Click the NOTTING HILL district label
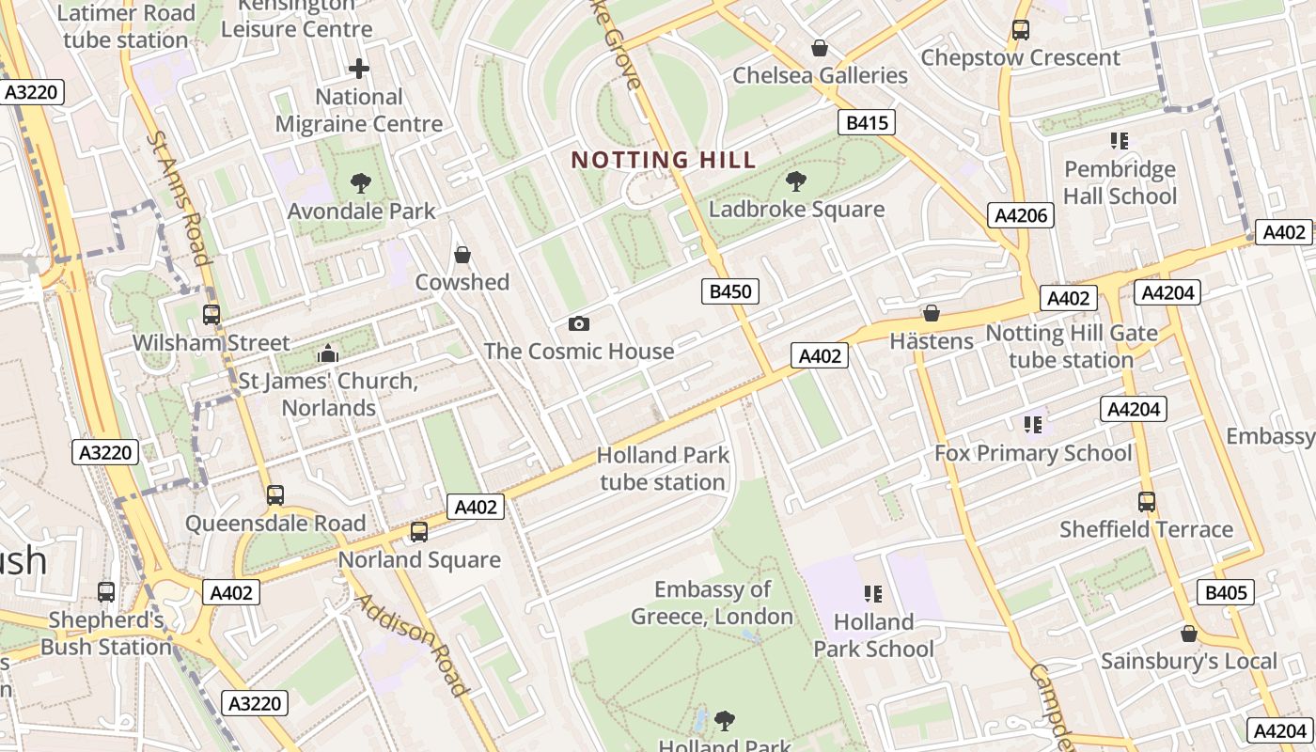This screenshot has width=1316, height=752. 664,160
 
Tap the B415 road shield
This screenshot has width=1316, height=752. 866,122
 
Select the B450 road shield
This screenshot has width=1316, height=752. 730,291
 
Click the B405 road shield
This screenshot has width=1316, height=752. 1226,592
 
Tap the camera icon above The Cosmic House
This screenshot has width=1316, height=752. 579,324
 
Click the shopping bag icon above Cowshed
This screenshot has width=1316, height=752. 462,255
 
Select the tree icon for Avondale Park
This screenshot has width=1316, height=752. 360,182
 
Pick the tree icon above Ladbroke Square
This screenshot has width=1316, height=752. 796,180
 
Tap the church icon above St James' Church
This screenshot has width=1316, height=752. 328,353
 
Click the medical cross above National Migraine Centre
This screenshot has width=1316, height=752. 358,69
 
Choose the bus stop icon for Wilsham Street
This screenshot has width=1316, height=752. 211,315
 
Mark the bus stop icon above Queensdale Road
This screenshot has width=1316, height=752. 274,495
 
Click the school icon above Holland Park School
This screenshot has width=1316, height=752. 873,594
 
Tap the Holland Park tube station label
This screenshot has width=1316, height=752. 663,469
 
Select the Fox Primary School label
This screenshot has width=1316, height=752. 1033,453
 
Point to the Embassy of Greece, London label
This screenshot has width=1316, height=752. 712,603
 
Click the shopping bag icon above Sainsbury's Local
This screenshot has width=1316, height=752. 1189,634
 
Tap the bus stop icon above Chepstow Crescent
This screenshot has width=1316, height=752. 1021,30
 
